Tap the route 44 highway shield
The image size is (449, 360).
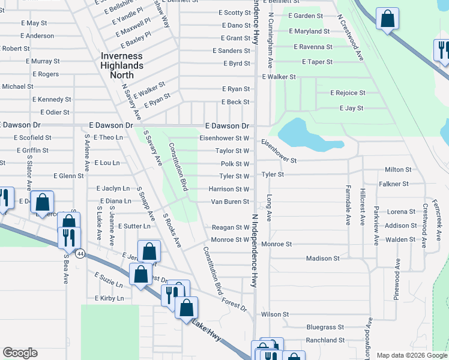[x=80, y=254]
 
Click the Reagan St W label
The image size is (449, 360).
[x=230, y=227]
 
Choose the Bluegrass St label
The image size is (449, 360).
[x=325, y=328]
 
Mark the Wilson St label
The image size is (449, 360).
[x=275, y=314]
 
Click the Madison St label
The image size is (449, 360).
[x=322, y=259]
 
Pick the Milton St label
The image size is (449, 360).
[x=398, y=170]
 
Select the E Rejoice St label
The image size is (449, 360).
[x=348, y=93]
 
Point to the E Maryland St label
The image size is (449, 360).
[x=309, y=31]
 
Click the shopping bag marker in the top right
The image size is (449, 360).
[x=388, y=19]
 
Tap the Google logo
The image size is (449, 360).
[x=20, y=353]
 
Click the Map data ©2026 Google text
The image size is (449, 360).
[x=411, y=355]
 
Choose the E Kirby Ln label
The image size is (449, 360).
[x=109, y=298]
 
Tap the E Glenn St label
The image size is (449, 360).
[x=68, y=176]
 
